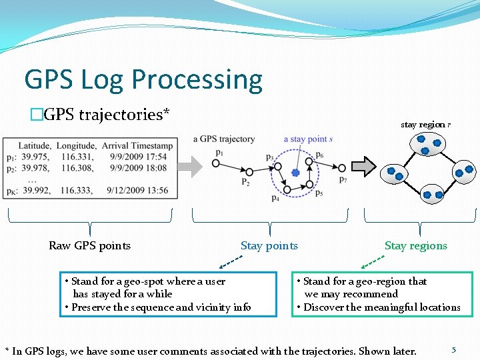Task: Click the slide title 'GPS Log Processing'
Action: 143,79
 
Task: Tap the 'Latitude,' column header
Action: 35,145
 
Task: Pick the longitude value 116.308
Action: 75,168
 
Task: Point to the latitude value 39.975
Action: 37,157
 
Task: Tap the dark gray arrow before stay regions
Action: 364,165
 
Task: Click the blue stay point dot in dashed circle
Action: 295,173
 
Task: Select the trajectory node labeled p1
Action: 215,162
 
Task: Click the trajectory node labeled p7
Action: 341,168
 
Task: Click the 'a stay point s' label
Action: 308,139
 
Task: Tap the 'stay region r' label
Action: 425,125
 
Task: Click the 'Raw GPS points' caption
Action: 89,245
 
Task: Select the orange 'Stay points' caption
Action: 269,245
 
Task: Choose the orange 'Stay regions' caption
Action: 415,245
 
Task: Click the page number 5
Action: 454,349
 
